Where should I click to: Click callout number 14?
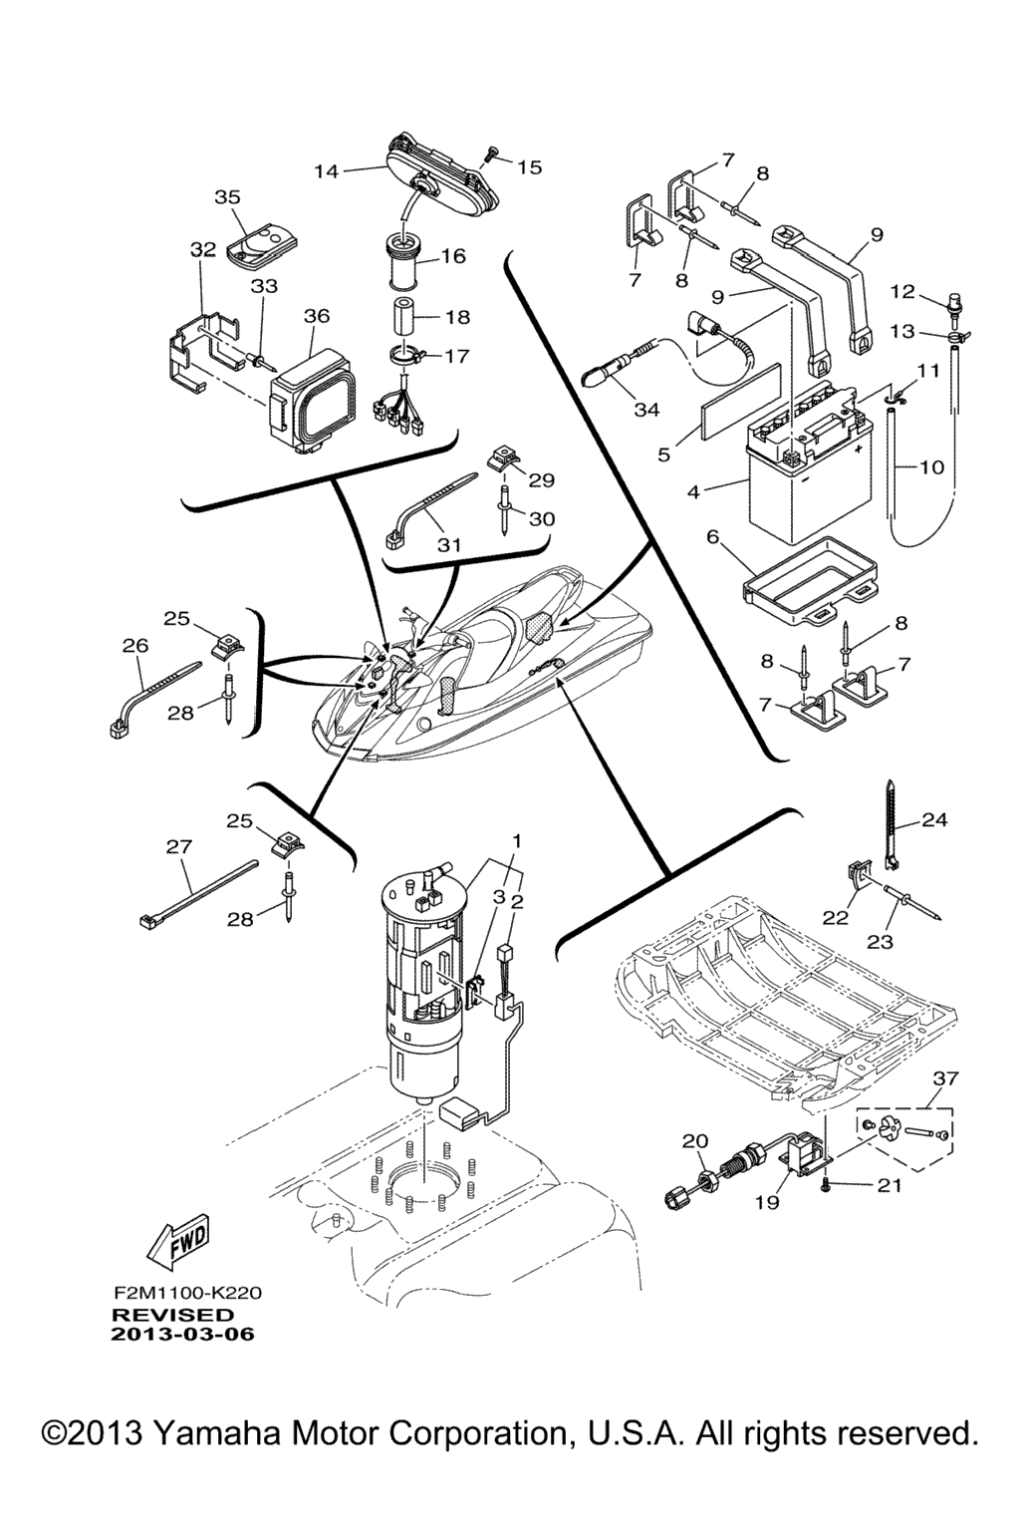pyautogui.click(x=327, y=170)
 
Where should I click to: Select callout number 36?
pyautogui.click(x=316, y=316)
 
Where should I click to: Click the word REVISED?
pyautogui.click(x=172, y=1315)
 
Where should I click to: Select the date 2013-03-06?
pyautogui.click(x=183, y=1335)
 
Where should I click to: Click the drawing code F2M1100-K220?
pyautogui.click(x=187, y=1294)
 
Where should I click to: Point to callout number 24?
pyautogui.click(x=934, y=820)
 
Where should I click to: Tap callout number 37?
pyautogui.click(x=945, y=1078)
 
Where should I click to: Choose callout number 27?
pyautogui.click(x=178, y=846)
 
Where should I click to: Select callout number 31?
pyautogui.click(x=449, y=544)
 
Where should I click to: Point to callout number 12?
pyautogui.click(x=902, y=292)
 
